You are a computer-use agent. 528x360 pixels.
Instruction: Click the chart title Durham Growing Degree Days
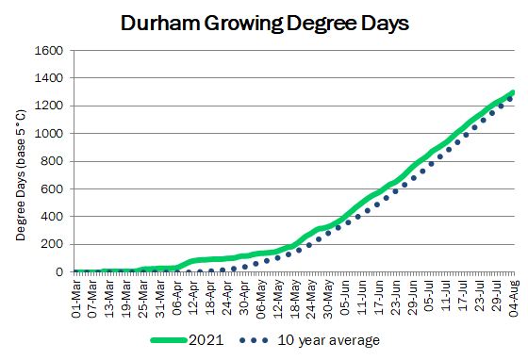[265, 24]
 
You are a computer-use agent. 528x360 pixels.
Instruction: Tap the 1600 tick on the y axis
[49, 51]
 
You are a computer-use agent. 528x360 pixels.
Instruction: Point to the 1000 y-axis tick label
[49, 134]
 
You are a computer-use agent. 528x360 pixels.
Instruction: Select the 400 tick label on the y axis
[52, 217]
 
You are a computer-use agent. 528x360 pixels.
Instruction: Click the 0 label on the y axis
[59, 271]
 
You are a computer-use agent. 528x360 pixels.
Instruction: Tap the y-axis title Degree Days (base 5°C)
[21, 175]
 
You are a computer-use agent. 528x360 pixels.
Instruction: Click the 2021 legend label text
[206, 340]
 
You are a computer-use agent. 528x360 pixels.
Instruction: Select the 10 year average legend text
[329, 340]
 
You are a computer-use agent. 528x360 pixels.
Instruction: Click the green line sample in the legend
[169, 340]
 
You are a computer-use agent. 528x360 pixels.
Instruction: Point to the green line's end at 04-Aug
[513, 92]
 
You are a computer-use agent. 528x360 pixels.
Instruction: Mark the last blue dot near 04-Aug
[510, 99]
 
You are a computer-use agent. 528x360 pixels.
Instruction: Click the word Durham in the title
[160, 23]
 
